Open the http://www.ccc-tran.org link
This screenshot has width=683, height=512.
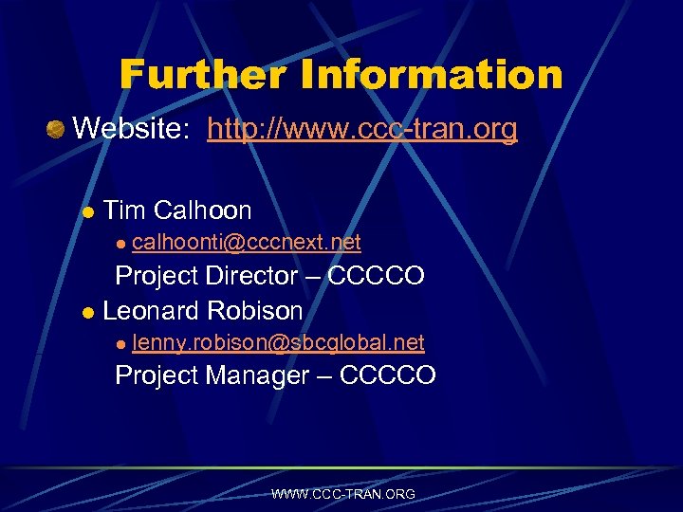(x=362, y=128)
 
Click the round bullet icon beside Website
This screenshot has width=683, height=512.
(x=56, y=128)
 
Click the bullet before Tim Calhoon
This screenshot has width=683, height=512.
(x=87, y=211)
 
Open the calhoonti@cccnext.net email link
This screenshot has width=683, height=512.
(x=247, y=243)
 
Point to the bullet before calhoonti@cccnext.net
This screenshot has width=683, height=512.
(x=120, y=244)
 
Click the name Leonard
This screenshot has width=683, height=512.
(x=147, y=310)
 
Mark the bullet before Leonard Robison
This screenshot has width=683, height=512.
(x=87, y=312)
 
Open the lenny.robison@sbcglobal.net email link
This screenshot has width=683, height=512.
(x=278, y=341)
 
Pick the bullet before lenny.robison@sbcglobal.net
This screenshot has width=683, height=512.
(x=120, y=343)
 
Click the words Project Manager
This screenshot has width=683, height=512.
(x=212, y=375)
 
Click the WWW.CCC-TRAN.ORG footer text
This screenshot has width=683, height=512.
(x=342, y=494)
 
